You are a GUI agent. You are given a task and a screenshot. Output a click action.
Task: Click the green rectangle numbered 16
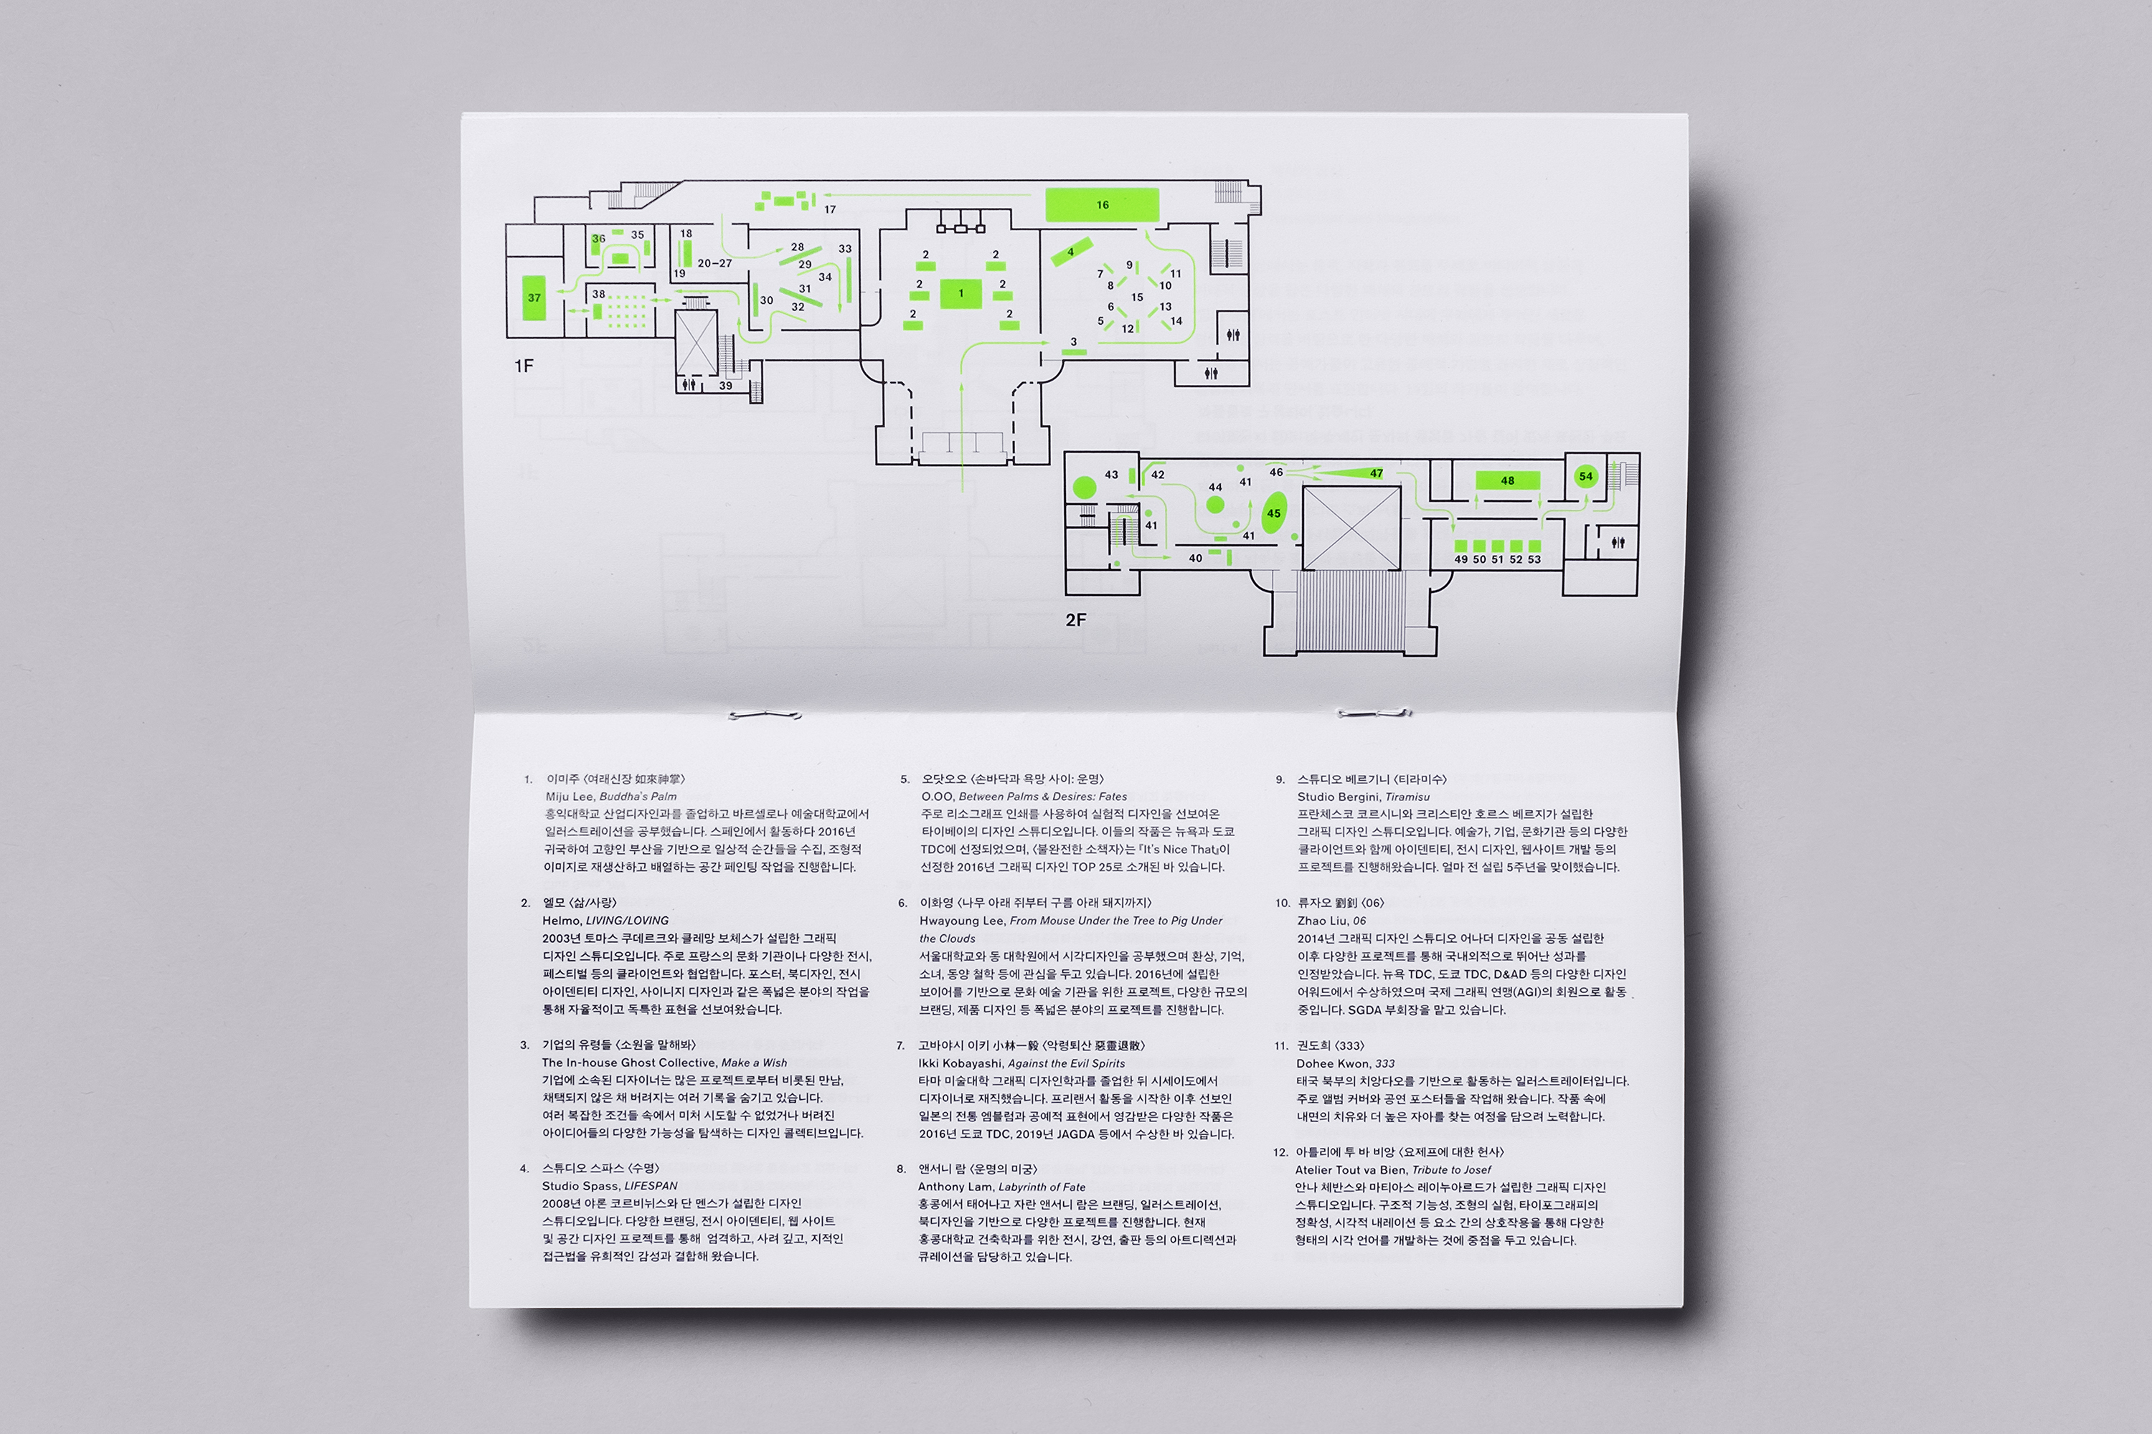(x=1102, y=205)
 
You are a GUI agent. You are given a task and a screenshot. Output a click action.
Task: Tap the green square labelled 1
(x=961, y=293)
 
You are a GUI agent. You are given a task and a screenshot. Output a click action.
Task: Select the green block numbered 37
(x=534, y=298)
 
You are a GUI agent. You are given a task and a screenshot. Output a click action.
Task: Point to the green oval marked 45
(x=1274, y=513)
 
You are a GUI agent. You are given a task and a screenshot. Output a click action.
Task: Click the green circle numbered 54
(x=1585, y=475)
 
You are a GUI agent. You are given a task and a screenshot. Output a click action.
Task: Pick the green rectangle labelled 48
(x=1507, y=480)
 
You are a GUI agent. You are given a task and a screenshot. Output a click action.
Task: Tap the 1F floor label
(x=524, y=366)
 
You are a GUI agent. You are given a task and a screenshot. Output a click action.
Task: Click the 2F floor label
(x=1076, y=620)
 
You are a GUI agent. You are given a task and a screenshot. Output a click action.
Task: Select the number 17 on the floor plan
(x=830, y=209)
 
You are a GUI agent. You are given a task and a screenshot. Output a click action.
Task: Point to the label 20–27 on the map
(x=714, y=263)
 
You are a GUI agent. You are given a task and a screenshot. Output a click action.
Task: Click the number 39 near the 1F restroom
(x=725, y=385)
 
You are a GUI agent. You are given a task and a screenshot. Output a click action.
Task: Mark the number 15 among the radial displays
(x=1136, y=298)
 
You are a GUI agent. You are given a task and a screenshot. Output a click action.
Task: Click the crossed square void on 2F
(x=1351, y=528)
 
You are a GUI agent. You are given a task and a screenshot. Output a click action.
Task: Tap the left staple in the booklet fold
(x=765, y=714)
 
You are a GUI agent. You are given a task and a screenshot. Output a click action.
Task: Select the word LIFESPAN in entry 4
(x=651, y=1186)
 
